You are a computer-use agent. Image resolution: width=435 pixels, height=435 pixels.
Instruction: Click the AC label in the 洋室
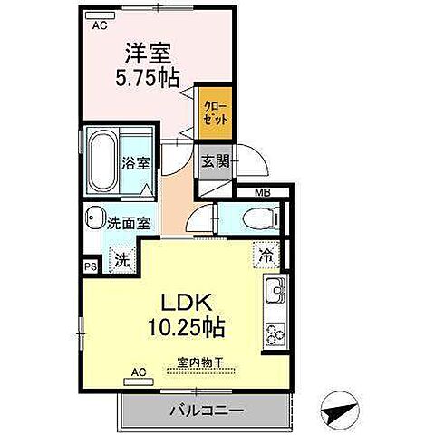pos(101,24)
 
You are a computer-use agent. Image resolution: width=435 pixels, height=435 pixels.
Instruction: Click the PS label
pos(90,266)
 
